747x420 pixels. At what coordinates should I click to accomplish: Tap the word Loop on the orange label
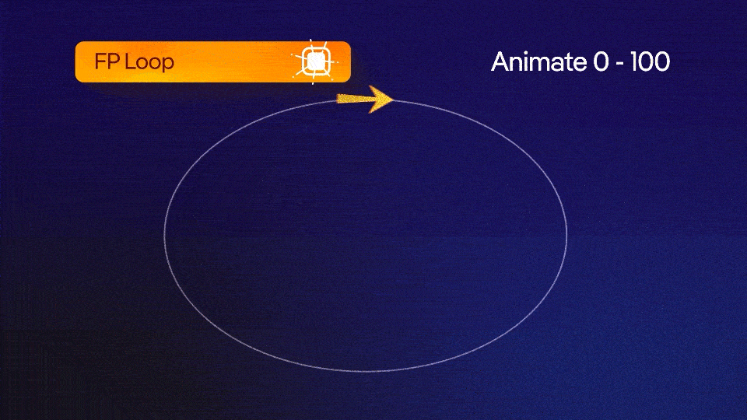tap(148, 62)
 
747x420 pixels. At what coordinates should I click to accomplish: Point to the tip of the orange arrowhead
tap(394, 100)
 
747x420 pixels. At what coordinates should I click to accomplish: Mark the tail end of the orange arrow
tap(338, 99)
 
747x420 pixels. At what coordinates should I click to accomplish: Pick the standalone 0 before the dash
tap(601, 62)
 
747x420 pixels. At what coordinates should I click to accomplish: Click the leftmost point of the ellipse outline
tap(165, 234)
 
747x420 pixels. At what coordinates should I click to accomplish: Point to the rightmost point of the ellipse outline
tap(566, 234)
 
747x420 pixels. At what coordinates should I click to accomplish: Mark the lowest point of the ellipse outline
tap(366, 370)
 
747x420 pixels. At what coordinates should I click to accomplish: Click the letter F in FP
tap(100, 61)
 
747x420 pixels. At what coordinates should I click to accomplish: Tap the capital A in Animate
tap(500, 62)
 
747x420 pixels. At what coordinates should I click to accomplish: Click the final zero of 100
tap(662, 62)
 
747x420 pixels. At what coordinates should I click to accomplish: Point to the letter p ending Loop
tap(167, 65)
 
